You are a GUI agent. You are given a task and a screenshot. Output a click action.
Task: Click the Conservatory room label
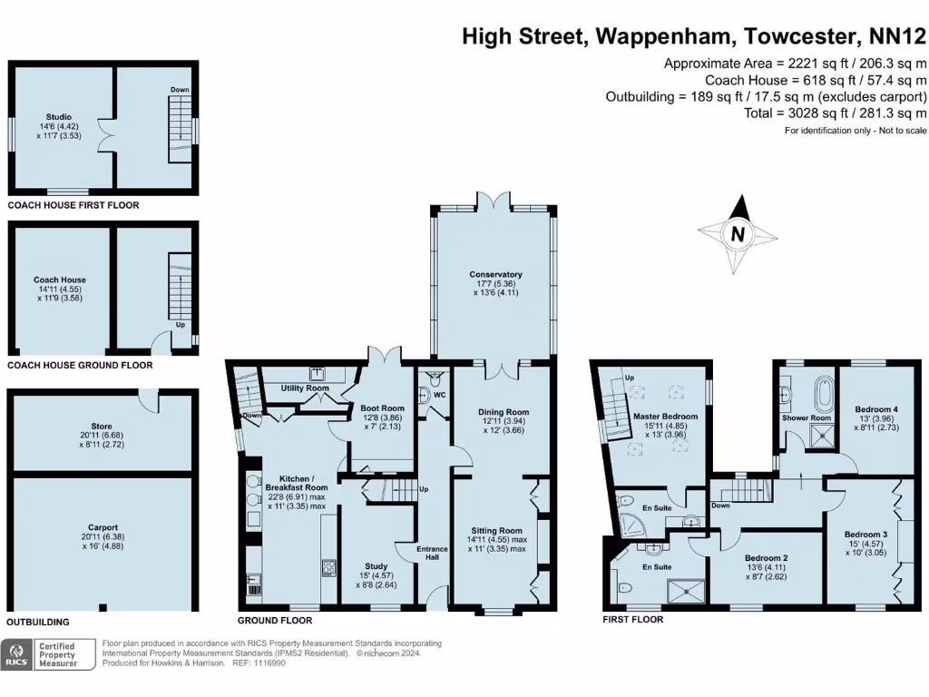[x=495, y=274]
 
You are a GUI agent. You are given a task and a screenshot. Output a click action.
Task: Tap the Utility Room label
[x=304, y=388]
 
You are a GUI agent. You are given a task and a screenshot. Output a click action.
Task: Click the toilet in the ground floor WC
[x=424, y=394]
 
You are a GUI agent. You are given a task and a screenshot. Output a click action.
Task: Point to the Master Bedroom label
[x=666, y=417]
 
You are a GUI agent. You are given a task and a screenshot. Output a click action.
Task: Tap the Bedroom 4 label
[x=876, y=409]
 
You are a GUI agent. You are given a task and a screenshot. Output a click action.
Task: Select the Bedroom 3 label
[x=867, y=535]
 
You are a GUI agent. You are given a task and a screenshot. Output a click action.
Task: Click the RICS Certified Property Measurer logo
[x=50, y=653]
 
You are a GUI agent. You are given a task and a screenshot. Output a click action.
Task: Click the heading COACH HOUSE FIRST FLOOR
[x=73, y=205]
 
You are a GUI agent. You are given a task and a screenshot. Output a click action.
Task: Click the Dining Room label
[x=502, y=413]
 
